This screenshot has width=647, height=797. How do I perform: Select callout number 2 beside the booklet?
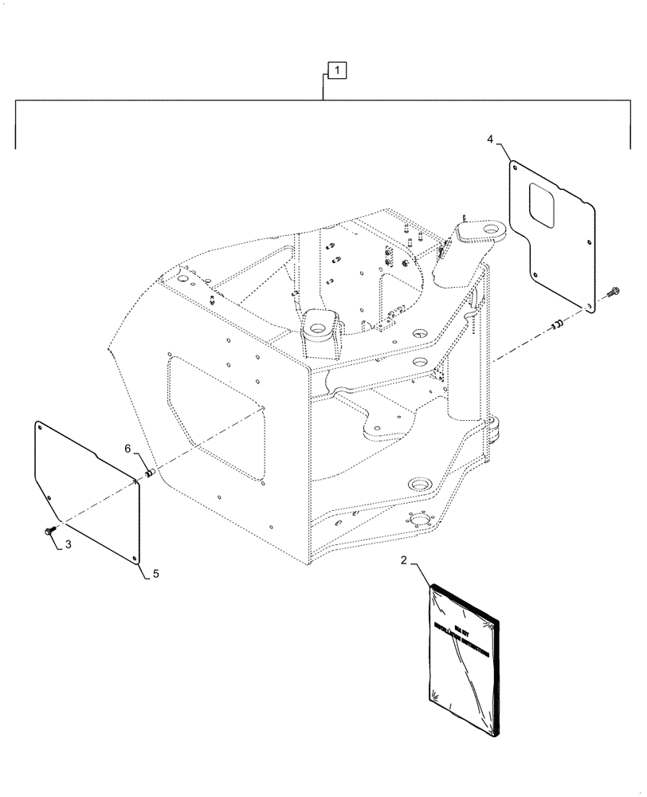coord(404,561)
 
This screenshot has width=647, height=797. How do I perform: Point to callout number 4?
coord(491,139)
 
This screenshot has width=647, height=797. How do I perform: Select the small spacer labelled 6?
coord(148,473)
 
